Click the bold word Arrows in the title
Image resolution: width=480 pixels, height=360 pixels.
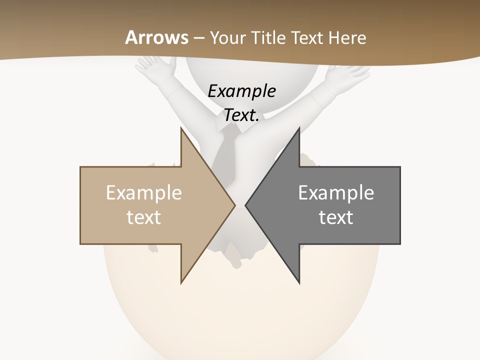pos(157,37)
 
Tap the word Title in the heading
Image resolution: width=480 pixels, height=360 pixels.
pos(270,38)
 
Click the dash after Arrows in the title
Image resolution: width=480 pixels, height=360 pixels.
pos(199,38)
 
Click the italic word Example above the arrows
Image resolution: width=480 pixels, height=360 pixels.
pos(241,91)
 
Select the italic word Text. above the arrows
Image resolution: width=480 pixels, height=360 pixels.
pos(241,115)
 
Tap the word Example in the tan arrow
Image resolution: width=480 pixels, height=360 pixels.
pos(144,193)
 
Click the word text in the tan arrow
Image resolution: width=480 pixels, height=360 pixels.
pos(144,217)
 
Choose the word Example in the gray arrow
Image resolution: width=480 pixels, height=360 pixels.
pos(336,193)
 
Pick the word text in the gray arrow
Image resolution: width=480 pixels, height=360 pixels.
pos(336,217)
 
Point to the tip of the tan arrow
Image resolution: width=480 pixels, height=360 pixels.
pos(234,205)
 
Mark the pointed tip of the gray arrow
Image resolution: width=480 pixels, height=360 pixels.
pos(246,205)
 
